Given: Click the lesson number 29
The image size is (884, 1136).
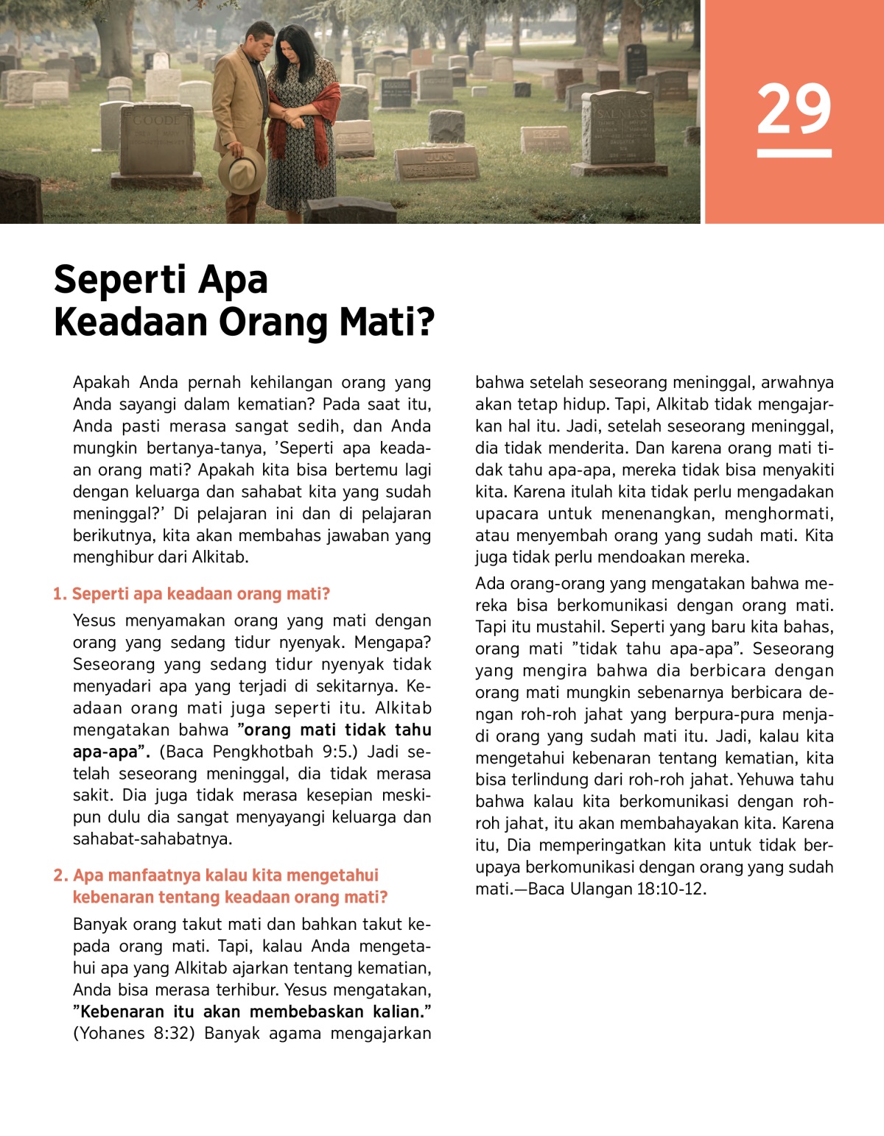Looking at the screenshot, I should click(x=793, y=110).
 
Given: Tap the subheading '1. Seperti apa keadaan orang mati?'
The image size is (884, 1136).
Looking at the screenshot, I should click(x=192, y=594).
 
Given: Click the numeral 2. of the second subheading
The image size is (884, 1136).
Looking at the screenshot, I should click(x=60, y=875).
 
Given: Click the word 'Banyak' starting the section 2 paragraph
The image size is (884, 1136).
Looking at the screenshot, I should click(x=99, y=924).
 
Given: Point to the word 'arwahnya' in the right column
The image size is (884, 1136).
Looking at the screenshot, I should click(x=797, y=382).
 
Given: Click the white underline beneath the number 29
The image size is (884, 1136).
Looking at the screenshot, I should click(x=794, y=153).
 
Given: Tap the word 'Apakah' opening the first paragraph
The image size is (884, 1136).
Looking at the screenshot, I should click(x=101, y=382).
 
